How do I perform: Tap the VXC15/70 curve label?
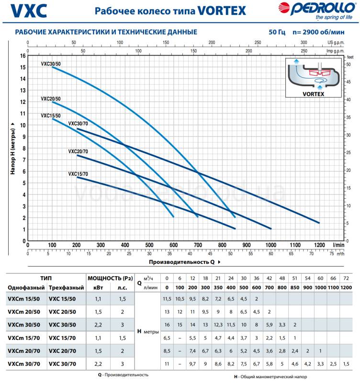(78, 174)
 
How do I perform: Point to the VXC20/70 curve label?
(78, 152)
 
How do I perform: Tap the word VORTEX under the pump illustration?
(314, 95)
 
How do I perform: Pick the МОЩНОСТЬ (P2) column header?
(110, 278)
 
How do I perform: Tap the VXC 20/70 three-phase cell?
(62, 351)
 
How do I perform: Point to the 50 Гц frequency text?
(277, 32)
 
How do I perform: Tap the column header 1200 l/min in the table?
(346, 288)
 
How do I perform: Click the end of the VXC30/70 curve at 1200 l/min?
(319, 223)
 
